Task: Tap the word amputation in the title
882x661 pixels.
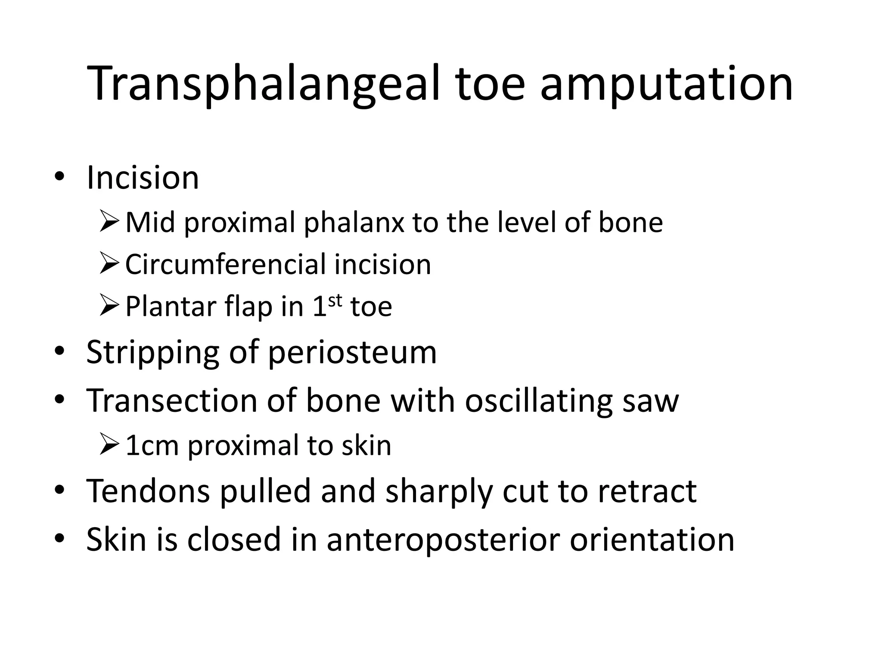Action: click(666, 84)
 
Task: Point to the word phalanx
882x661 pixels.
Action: click(354, 222)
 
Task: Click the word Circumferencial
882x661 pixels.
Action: click(225, 264)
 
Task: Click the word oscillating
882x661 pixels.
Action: click(539, 401)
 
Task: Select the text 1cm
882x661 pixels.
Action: click(152, 445)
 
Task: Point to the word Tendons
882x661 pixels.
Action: click(148, 491)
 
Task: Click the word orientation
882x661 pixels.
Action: click(652, 539)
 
